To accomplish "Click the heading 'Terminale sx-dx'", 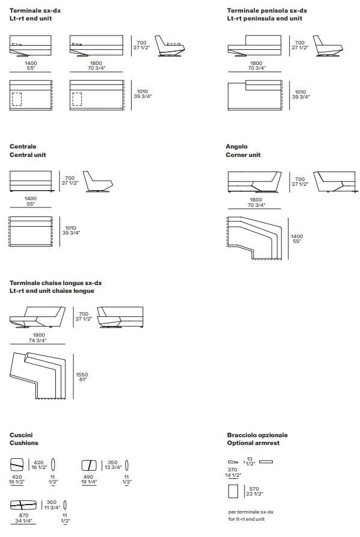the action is (35, 11).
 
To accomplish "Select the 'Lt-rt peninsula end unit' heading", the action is (264, 19).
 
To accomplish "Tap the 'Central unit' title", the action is (28, 155).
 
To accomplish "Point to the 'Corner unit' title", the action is (243, 155).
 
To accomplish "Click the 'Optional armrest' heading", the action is (253, 443).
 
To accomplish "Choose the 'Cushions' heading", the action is (24, 443).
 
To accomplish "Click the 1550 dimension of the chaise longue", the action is (82, 375).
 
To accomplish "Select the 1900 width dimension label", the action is (38, 335).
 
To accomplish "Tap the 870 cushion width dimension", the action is (23, 515).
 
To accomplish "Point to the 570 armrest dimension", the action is (254, 489).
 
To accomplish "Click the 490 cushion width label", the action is (88, 477).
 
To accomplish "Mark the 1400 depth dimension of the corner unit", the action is (297, 236).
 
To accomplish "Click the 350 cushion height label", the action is (112, 462).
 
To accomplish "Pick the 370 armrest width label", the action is (233, 470).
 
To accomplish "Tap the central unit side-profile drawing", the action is (98, 182).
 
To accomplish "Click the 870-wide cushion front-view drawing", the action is (23, 505).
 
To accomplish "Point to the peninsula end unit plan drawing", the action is (255, 96).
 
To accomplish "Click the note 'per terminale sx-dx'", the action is (251, 512).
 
